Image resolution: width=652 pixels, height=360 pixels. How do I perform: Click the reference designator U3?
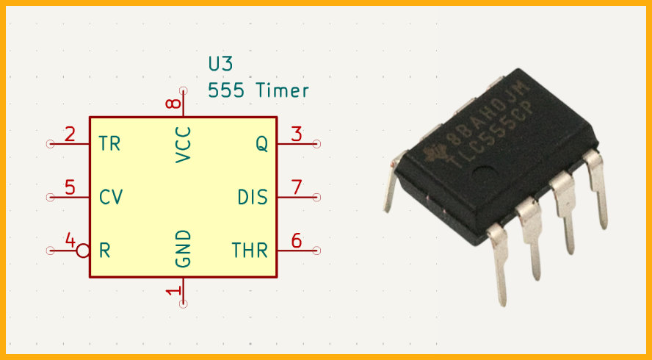coord(220,64)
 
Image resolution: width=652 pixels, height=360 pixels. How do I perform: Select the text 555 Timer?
coord(258,90)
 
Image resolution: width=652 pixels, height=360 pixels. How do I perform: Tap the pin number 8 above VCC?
coord(173,103)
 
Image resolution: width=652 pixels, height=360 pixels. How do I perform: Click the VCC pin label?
coord(183,145)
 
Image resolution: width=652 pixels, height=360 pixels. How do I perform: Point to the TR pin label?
coord(110,143)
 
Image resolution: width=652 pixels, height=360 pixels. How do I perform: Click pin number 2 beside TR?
coord(70,134)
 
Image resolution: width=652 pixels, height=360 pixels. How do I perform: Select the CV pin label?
coord(111,197)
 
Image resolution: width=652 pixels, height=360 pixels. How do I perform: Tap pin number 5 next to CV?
coord(70,187)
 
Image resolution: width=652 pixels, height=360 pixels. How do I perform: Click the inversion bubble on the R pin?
coord(83,251)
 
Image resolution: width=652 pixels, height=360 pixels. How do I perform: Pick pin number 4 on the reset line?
coord(70,240)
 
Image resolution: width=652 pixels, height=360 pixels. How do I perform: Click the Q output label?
coord(261,144)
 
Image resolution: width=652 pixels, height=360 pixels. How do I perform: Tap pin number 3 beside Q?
coord(297,134)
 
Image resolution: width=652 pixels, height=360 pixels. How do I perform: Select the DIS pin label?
coord(253,197)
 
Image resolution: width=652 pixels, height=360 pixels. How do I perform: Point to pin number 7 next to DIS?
coord(297,187)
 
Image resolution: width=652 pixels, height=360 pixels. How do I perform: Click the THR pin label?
coord(250,250)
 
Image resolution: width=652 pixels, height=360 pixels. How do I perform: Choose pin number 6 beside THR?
coord(297,240)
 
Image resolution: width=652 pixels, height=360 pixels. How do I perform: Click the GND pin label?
coord(183,248)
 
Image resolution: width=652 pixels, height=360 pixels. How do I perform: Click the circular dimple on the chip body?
coord(484,173)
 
